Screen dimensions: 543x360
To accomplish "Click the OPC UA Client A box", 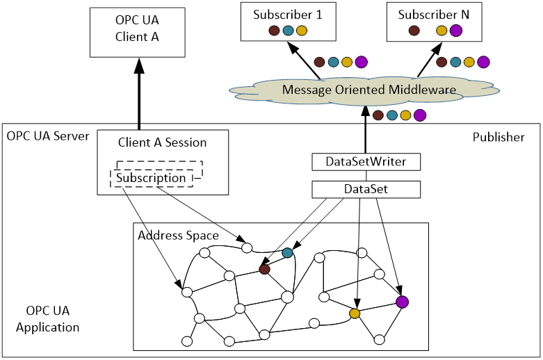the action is (x=138, y=33).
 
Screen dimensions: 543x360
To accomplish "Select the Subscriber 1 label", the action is (x=287, y=15).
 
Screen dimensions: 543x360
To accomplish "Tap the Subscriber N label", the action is (x=434, y=15).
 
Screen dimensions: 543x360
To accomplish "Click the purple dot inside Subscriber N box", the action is (x=456, y=31).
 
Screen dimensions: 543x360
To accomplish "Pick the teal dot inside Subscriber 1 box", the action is (x=288, y=31).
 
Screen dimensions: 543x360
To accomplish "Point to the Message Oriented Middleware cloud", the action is (x=364, y=90).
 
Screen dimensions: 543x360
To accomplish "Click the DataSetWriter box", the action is (x=366, y=162).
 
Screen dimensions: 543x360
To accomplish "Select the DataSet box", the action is (x=366, y=189).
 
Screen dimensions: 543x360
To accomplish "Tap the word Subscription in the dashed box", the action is (x=151, y=178).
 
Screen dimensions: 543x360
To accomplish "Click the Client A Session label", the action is (x=162, y=142).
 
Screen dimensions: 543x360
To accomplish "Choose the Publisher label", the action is (x=499, y=137).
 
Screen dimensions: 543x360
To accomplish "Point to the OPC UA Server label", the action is (x=48, y=136).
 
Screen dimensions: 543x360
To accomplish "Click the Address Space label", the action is (x=179, y=236).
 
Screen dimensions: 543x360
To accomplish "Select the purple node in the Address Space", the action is (x=402, y=302).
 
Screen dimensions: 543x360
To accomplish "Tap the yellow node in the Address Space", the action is (x=355, y=313).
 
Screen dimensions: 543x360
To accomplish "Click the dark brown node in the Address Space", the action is (x=265, y=270).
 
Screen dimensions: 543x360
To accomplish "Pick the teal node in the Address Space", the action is (x=287, y=253).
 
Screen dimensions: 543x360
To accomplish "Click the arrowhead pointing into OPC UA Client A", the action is (x=139, y=66).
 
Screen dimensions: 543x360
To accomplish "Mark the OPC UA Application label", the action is (x=48, y=319).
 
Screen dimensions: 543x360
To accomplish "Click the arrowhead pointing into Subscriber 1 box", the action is (x=293, y=48).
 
